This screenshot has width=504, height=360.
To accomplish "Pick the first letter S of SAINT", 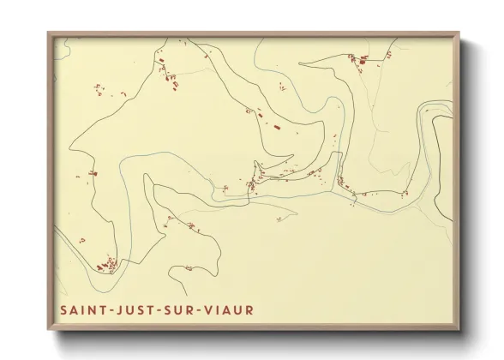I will tap(63, 309).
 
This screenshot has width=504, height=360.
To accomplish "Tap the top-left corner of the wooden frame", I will tap(49, 33).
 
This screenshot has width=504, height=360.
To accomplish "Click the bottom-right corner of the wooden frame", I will tap(459, 330).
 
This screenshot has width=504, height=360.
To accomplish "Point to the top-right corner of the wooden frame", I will tap(459, 33).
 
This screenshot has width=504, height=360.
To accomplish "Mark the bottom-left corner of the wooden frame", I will tap(49, 330).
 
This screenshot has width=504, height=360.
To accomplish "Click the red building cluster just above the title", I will tap(106, 266).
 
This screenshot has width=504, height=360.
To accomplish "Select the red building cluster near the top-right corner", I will tap(357, 59).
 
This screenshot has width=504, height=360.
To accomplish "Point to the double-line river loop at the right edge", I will tap(433, 111).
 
